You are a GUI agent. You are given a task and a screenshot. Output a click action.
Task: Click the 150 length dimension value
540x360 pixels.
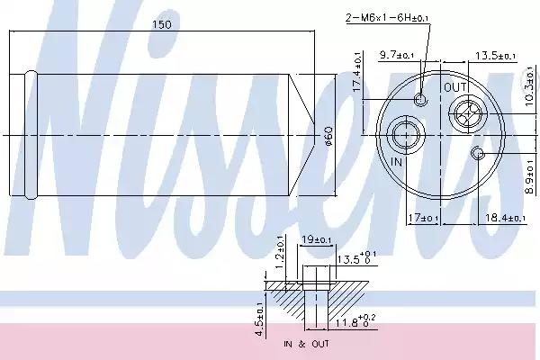coord(161,24)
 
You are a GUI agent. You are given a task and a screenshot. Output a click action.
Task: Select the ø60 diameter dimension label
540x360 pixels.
coord(328,136)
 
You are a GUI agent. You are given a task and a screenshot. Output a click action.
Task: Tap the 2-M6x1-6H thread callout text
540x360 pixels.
coord(387,17)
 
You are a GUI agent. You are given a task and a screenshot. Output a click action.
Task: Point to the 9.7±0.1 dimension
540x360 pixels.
coord(396,55)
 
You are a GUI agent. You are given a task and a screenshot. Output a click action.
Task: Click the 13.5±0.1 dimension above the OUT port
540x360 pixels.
coord(495,56)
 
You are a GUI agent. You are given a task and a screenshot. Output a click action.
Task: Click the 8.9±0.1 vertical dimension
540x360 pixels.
coord(531,175)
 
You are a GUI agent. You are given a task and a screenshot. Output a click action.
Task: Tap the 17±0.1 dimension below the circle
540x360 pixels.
coord(423,218)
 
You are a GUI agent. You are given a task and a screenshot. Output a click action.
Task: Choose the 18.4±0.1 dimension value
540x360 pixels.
coord(505,218)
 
